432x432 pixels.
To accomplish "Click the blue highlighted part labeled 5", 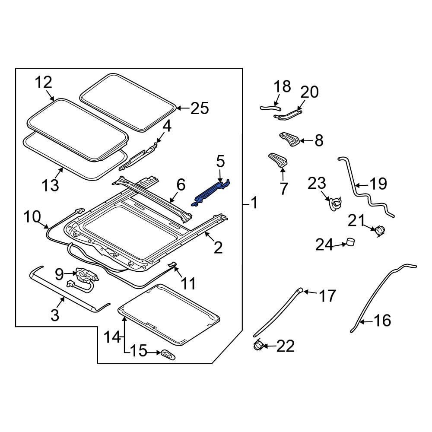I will [x=213, y=192].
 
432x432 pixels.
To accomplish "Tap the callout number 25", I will [x=199, y=108].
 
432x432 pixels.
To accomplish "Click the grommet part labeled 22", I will [x=258, y=345].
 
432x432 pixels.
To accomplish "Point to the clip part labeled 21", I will [x=380, y=230].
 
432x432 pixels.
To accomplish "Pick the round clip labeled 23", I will [x=335, y=203].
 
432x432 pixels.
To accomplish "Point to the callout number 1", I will [x=254, y=202].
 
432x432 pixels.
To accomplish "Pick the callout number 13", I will [x=50, y=185].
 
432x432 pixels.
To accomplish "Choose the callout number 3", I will [x=54, y=314].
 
